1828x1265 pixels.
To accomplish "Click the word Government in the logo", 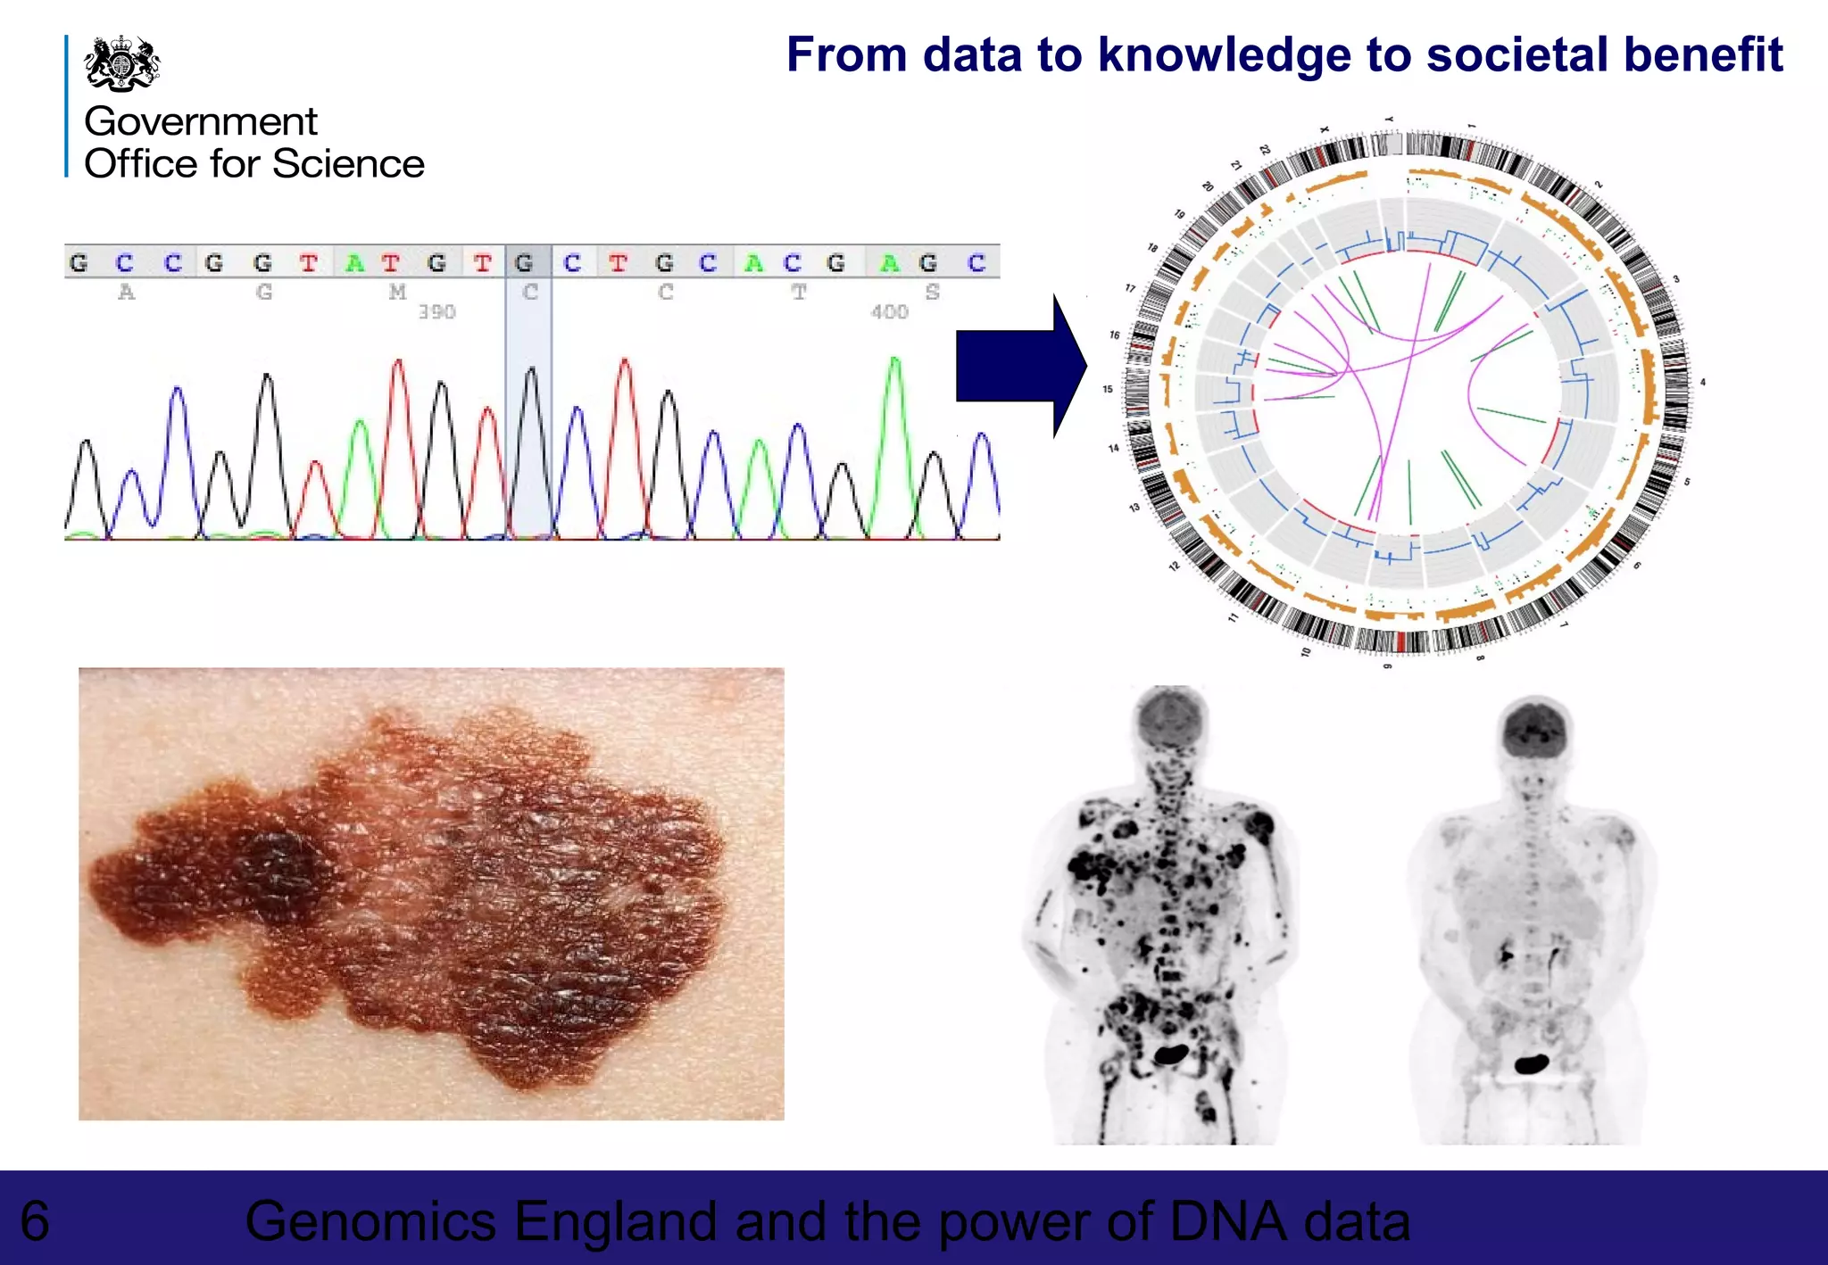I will pos(200,121).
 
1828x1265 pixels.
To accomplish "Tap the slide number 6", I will pos(36,1220).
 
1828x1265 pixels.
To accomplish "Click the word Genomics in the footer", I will pos(370,1221).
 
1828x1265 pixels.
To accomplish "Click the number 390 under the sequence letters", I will pos(436,311).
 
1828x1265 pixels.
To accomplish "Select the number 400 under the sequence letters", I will pos(889,311).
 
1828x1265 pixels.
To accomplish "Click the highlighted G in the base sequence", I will pos(525,262).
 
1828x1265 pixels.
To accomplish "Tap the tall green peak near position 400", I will pos(894,375).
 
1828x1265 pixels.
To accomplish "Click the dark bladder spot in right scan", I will pos(1533,1063).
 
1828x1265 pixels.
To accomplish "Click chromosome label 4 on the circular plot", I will pos(1703,382).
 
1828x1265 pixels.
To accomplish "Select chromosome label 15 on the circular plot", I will pos(1107,389).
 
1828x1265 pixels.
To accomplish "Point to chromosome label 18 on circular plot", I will pos(1152,248).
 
